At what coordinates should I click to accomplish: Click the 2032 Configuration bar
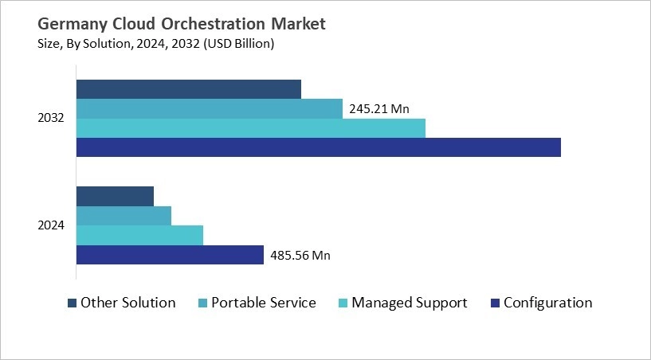[318, 147]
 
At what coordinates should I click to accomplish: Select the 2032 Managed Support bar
[250, 128]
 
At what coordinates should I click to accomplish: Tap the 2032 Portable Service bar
[209, 109]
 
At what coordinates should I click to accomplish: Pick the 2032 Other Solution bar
[188, 89]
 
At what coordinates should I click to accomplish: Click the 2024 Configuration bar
[170, 255]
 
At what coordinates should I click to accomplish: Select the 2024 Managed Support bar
[139, 236]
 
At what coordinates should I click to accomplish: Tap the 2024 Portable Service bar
[124, 216]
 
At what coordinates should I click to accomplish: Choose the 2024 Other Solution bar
[115, 196]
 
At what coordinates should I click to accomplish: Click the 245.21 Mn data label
[379, 109]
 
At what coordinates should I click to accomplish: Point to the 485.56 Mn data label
[300, 256]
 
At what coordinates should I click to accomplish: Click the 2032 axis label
[51, 119]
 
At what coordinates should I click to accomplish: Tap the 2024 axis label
[51, 225]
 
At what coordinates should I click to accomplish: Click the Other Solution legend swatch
[72, 303]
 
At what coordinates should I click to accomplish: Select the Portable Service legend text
[263, 303]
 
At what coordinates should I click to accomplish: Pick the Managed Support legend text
[410, 303]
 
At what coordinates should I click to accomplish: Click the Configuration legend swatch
[495, 303]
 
